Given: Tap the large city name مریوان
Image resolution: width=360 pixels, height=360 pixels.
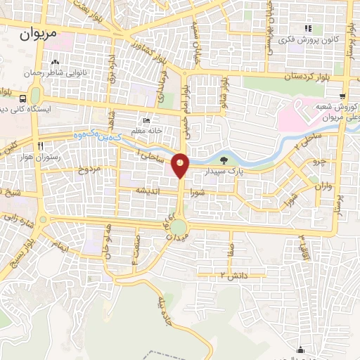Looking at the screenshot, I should (46, 32).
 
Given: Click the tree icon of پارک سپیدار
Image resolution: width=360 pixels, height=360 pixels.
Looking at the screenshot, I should (224, 160).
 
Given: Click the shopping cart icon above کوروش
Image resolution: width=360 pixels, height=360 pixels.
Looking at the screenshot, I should (342, 96).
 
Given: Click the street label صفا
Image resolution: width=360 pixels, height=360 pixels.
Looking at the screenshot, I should (230, 248).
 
